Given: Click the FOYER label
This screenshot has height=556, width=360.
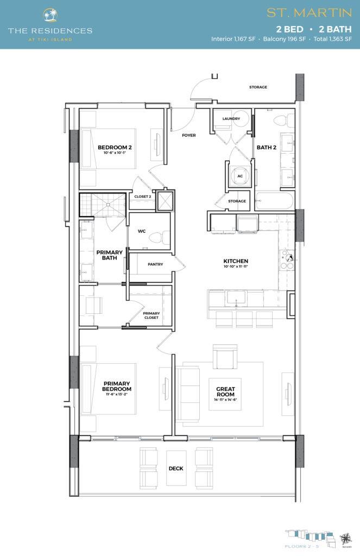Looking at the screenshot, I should (x=188, y=135).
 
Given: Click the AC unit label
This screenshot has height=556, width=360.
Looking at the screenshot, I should (x=239, y=176).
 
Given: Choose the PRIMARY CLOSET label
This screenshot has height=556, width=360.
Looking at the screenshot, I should (x=151, y=315).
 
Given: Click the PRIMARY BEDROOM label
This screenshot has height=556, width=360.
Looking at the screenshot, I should (x=117, y=386).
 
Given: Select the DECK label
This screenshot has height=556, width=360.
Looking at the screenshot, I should (x=175, y=468).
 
